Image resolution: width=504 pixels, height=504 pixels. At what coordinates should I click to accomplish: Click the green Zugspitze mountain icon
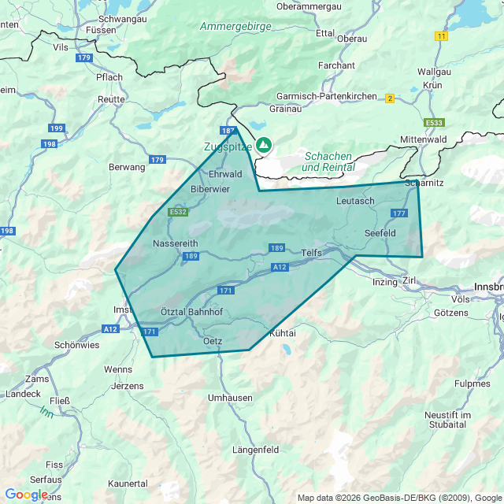[x=264, y=145]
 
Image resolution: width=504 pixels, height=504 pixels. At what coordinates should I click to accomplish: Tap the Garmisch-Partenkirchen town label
[x=326, y=96]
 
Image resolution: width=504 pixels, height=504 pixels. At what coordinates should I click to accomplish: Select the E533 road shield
[x=434, y=123]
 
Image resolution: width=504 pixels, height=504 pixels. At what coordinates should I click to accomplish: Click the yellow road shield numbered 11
[x=441, y=36]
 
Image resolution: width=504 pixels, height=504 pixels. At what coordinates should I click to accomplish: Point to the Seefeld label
[x=380, y=234]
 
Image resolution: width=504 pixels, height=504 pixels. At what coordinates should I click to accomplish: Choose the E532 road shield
[x=178, y=213]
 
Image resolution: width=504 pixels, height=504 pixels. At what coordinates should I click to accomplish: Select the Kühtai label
[x=283, y=334]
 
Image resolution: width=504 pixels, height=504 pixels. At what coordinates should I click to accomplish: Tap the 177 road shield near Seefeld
[x=398, y=213]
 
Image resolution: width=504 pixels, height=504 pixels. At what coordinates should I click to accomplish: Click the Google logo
[x=26, y=495]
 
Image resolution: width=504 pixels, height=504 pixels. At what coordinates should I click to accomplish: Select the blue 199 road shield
[x=56, y=128]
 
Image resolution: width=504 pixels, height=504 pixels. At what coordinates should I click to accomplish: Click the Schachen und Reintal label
[x=328, y=161]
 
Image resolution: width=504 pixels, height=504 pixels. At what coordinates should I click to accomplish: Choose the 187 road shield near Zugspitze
[x=228, y=131]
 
